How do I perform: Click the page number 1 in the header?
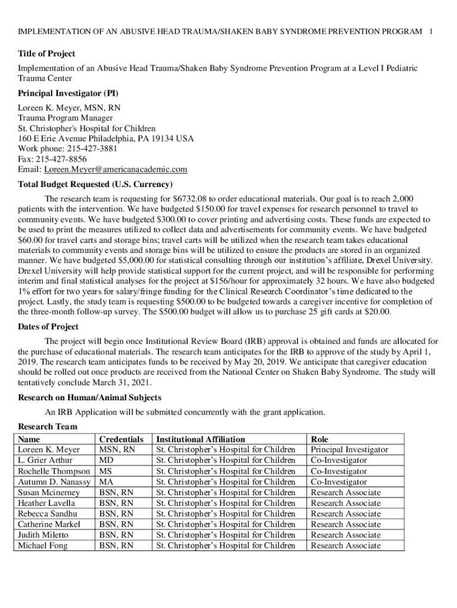click(x=431, y=30)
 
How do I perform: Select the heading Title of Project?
click(x=46, y=53)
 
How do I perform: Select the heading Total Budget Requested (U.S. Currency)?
click(x=96, y=184)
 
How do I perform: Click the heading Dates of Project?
click(x=48, y=327)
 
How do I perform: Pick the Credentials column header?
click(x=121, y=439)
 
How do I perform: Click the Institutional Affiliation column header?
click(x=200, y=439)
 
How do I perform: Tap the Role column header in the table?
click(x=320, y=439)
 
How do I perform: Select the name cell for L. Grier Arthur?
click(x=45, y=461)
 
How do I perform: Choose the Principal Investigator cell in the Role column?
click(x=349, y=450)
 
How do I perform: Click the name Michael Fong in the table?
click(x=43, y=546)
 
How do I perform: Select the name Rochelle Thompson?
click(x=53, y=471)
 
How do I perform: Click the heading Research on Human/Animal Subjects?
click(x=90, y=397)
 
